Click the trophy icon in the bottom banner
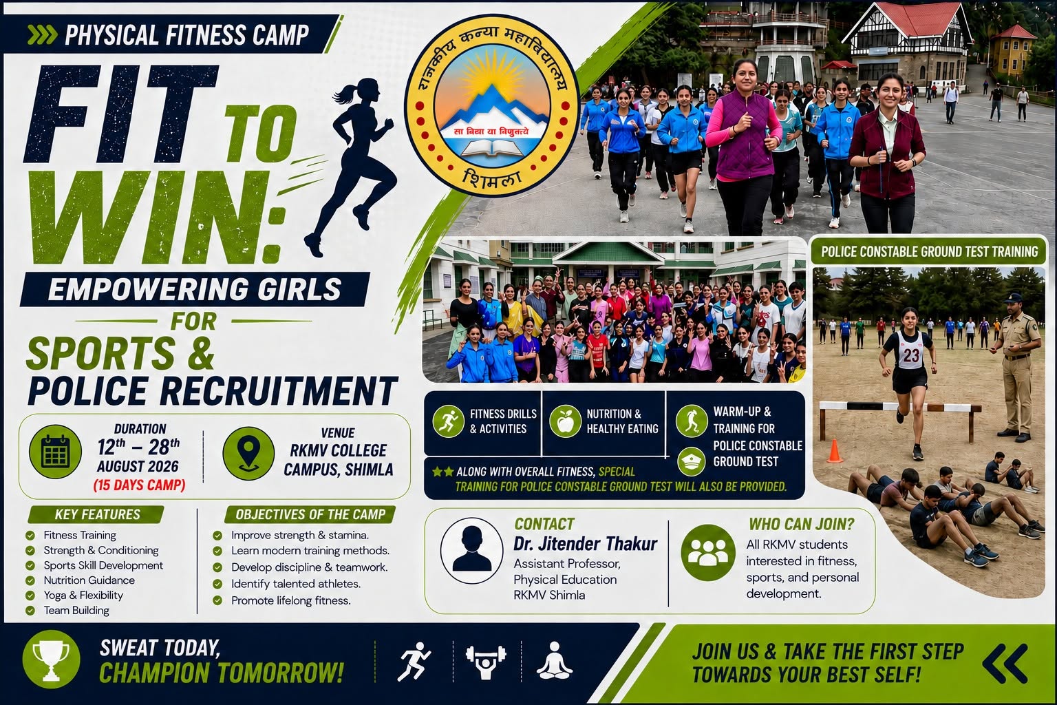coord(51,659)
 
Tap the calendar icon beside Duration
coord(55,452)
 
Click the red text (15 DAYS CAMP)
coord(139,485)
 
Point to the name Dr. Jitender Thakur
coord(585,544)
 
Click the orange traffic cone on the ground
coord(834,451)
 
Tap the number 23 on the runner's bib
coord(911,355)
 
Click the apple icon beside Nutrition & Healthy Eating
coord(565,421)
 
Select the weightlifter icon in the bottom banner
coord(486,661)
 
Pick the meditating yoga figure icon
coord(555,660)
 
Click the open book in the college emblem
coord(492,148)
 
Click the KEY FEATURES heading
coord(97,514)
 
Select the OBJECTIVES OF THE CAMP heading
coord(310,514)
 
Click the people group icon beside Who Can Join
coord(708,552)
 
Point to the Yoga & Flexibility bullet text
coord(83,595)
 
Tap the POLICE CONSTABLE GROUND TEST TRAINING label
coord(930,251)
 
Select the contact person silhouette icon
coord(472,550)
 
